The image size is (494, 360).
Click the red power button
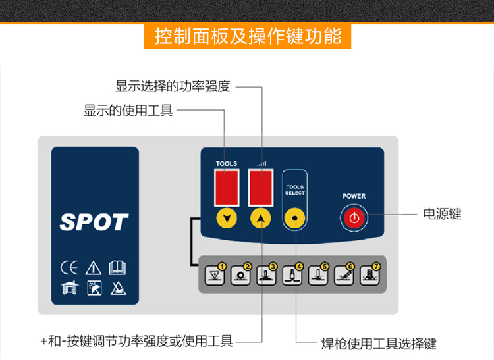pos(354,218)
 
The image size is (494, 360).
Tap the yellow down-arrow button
pos(227,219)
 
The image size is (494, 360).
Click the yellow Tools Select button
pos(295,219)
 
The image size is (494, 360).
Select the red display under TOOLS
pos(227,186)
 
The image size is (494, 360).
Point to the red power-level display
pos(261,186)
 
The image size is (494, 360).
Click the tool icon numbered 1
pos(215,275)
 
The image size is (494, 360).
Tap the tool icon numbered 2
pos(240,275)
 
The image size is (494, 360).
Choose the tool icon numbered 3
pos(265,275)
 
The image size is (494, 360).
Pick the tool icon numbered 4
pos(291,275)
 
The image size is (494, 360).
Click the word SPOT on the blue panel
pos(94,222)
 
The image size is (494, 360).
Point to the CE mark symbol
pos(69,268)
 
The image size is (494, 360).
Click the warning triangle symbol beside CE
pos(93,268)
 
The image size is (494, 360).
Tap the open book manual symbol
pos(117,268)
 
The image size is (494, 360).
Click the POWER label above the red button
pos(354,196)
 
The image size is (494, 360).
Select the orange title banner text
pos(248,36)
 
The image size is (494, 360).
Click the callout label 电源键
pos(442,214)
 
